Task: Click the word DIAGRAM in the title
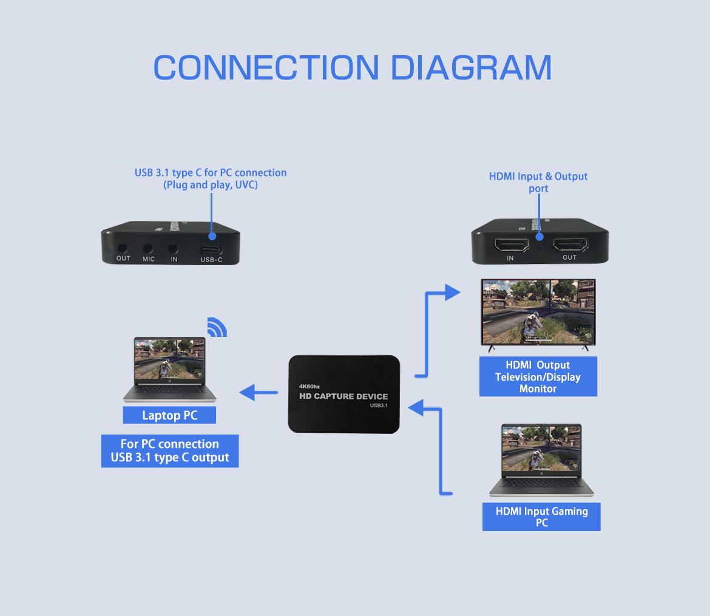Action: coord(471,67)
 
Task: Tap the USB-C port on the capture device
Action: coord(211,249)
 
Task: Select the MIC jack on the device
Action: coord(148,248)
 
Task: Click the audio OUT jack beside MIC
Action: coord(123,248)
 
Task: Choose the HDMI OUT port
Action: coord(570,245)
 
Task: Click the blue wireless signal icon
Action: coord(216,327)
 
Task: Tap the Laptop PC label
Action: coord(169,415)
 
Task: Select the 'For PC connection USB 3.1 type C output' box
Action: coord(170,451)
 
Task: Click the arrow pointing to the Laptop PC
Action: coord(258,393)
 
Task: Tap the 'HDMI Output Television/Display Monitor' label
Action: coord(538,377)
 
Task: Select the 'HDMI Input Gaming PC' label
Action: coord(541,516)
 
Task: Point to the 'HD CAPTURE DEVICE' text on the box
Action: coord(343,396)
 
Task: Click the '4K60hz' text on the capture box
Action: coord(309,386)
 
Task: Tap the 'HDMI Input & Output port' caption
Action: coord(538,182)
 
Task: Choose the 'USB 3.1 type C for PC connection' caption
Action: coord(211,178)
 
